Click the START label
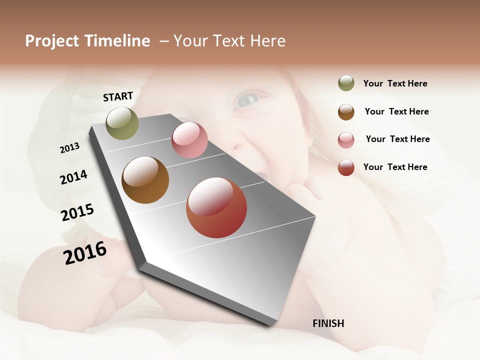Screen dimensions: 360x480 click(118, 96)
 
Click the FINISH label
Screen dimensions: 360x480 click(328, 323)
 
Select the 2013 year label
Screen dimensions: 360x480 click(69, 148)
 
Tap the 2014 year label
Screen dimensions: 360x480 click(73, 177)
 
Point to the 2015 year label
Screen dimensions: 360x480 click(77, 212)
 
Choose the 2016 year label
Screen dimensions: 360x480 click(85, 253)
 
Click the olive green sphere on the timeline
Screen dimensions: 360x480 click(122, 123)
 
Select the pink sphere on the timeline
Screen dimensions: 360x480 click(189, 140)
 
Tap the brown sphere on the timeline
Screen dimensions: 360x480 click(145, 180)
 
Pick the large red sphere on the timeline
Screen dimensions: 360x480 click(216, 207)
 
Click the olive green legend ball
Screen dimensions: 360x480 click(346, 83)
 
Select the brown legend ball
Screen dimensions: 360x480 click(346, 111)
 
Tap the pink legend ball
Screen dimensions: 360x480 click(346, 139)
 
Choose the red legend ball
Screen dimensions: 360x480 click(346, 167)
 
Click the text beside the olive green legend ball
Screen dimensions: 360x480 click(395, 83)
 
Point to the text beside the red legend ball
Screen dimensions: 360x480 click(395, 167)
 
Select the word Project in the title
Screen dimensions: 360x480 click(51, 41)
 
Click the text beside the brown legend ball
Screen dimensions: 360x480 click(396, 111)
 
